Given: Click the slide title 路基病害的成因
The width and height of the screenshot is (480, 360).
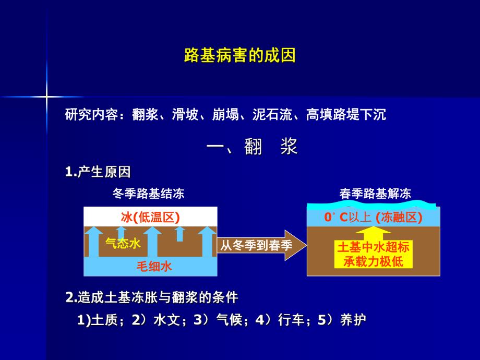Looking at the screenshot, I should (240, 55).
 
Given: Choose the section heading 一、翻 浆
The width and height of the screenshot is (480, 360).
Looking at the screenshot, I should (252, 147).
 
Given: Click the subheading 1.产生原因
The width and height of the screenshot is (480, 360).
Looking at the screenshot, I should (98, 172).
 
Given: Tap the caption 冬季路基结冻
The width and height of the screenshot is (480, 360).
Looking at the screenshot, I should (148, 194).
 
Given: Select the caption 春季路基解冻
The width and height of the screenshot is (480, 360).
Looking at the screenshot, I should (375, 194).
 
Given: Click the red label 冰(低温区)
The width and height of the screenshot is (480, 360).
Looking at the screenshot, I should (150, 217).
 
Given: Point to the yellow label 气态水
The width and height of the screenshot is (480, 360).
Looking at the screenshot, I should (123, 243).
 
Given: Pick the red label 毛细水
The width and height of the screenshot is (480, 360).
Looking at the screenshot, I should (154, 266).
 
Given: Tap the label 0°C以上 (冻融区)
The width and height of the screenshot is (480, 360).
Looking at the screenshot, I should (373, 217).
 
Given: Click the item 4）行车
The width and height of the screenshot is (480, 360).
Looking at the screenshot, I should (278, 320).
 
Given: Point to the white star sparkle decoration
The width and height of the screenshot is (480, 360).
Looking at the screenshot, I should (46, 97).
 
